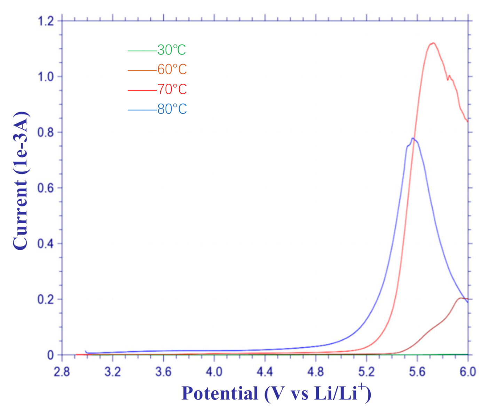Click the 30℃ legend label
[x=171, y=50]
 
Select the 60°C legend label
[x=172, y=70]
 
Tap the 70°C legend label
[x=172, y=89]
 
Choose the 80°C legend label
[x=172, y=109]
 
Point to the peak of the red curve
[x=433, y=43]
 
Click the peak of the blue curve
[x=413, y=138]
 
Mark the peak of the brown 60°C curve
[x=462, y=298]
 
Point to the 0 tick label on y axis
[x=50, y=355]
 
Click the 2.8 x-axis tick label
[x=62, y=372]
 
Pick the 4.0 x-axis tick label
[x=214, y=372]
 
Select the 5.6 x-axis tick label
[x=417, y=372]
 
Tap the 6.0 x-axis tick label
[x=467, y=372]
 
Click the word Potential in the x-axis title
[x=220, y=393]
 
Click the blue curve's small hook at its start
[x=86, y=351]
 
